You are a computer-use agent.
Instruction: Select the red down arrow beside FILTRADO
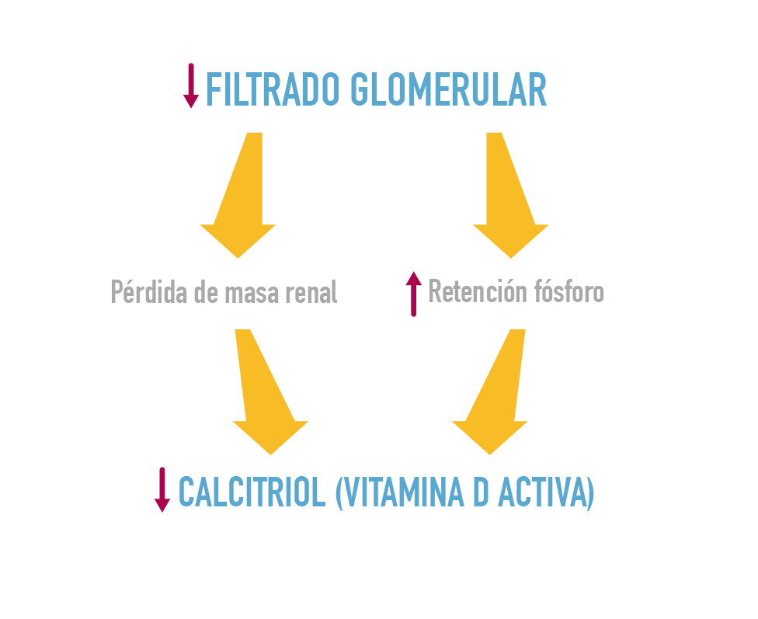pos(191,86)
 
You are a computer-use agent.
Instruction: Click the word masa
pos(250,293)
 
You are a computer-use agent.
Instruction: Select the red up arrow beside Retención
pos(414,294)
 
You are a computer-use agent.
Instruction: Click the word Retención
pos(475,292)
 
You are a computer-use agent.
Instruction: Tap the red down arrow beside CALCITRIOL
pos(162,489)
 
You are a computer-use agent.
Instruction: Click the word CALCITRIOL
pos(252,492)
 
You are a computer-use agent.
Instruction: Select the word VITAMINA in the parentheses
pos(403,492)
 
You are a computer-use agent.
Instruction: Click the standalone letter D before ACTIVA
pos(480,492)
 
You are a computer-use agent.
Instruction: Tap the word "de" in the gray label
pos(203,293)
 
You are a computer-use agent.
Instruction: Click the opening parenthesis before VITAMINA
pos(338,492)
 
